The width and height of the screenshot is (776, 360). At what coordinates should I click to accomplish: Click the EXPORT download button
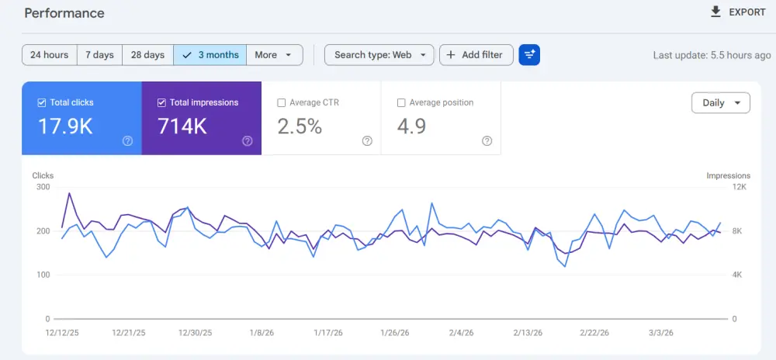point(738,12)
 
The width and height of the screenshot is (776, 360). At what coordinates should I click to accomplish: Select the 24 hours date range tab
point(50,55)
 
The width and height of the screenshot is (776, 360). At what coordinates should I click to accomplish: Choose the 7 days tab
point(99,55)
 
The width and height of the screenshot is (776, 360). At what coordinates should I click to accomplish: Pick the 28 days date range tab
point(147,55)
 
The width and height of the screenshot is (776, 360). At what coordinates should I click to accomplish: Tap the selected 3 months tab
point(210,55)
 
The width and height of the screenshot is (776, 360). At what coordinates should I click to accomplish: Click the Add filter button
point(476,55)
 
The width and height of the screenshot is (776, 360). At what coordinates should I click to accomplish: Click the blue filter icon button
point(529,55)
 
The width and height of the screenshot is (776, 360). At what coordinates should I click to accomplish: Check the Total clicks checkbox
point(42,102)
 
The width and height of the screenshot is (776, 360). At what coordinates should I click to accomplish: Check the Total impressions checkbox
point(161,102)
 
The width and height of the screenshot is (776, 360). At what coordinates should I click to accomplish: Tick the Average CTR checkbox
point(282,102)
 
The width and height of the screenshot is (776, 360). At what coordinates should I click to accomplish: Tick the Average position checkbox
point(401,102)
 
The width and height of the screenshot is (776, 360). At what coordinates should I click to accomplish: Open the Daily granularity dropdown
point(720,102)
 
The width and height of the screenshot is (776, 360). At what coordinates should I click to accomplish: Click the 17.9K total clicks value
point(65,126)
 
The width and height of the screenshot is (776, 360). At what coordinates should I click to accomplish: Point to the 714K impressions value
point(182,126)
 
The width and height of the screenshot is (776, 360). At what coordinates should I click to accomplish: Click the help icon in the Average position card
point(487,141)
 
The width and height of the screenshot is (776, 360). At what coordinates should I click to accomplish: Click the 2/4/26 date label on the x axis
point(461,333)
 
